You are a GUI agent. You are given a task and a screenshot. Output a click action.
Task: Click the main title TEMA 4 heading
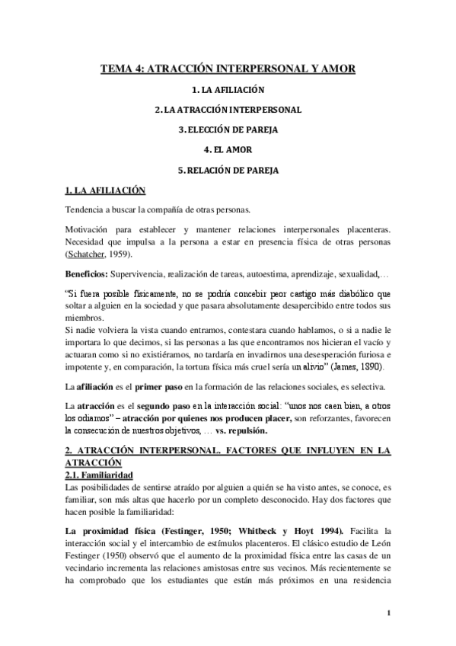tap(228, 69)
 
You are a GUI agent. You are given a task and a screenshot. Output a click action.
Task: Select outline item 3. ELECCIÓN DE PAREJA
tap(228, 129)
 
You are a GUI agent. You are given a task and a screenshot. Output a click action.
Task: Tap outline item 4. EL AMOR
tap(228, 149)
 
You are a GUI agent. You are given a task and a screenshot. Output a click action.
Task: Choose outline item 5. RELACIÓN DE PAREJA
tap(228, 170)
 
